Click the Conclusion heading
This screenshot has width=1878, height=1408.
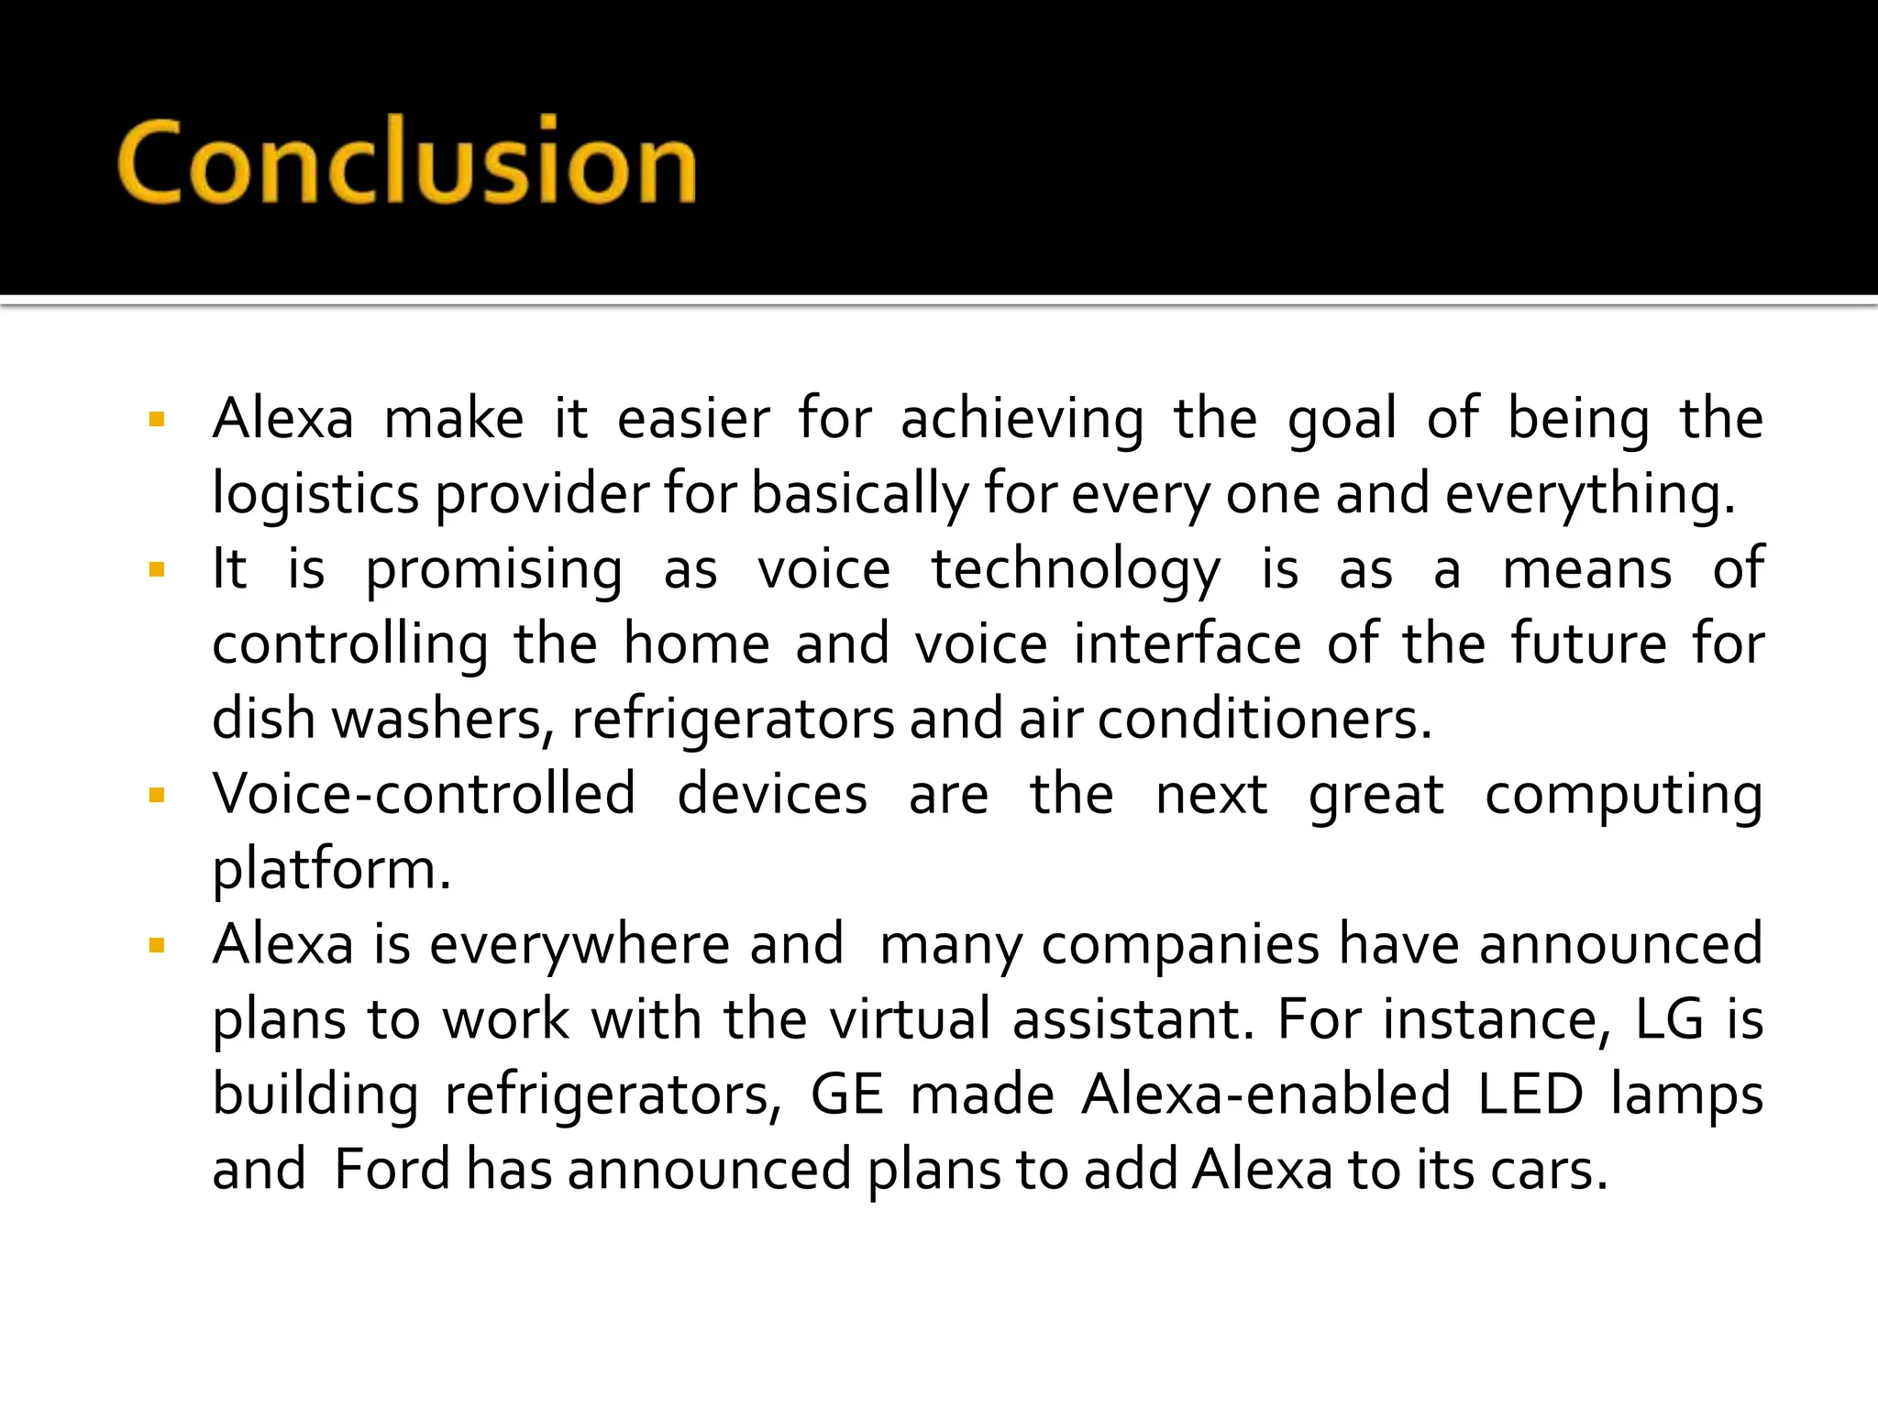point(406,161)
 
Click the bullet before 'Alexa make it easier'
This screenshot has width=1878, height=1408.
point(157,421)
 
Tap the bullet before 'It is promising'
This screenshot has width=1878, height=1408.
point(157,570)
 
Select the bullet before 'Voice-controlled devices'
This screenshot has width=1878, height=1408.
point(157,795)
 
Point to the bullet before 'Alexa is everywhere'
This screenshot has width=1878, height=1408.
point(157,945)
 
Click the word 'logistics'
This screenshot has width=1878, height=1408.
point(315,495)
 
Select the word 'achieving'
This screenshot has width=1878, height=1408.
point(1022,420)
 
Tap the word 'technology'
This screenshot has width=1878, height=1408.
point(1076,570)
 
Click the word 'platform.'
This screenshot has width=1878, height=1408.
point(332,870)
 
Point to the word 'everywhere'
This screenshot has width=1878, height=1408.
point(579,945)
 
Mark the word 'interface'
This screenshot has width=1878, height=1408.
point(1187,644)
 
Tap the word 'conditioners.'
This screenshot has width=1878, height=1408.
point(1265,720)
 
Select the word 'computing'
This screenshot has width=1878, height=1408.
point(1623,795)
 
